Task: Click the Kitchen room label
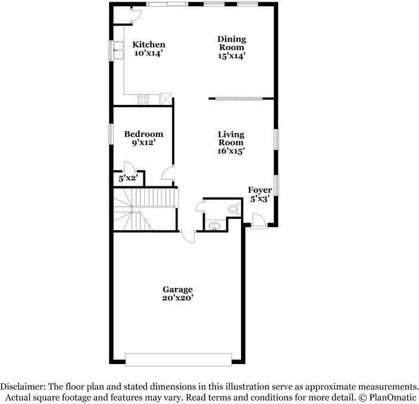(149, 45)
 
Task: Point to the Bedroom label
(143, 134)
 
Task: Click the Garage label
(177, 290)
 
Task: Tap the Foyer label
(260, 190)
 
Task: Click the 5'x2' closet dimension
(128, 178)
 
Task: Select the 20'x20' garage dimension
(177, 299)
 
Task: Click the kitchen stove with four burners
(144, 99)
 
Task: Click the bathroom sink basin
(213, 225)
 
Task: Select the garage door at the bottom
(178, 359)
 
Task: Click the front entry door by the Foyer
(259, 221)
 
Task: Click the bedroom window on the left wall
(110, 134)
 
